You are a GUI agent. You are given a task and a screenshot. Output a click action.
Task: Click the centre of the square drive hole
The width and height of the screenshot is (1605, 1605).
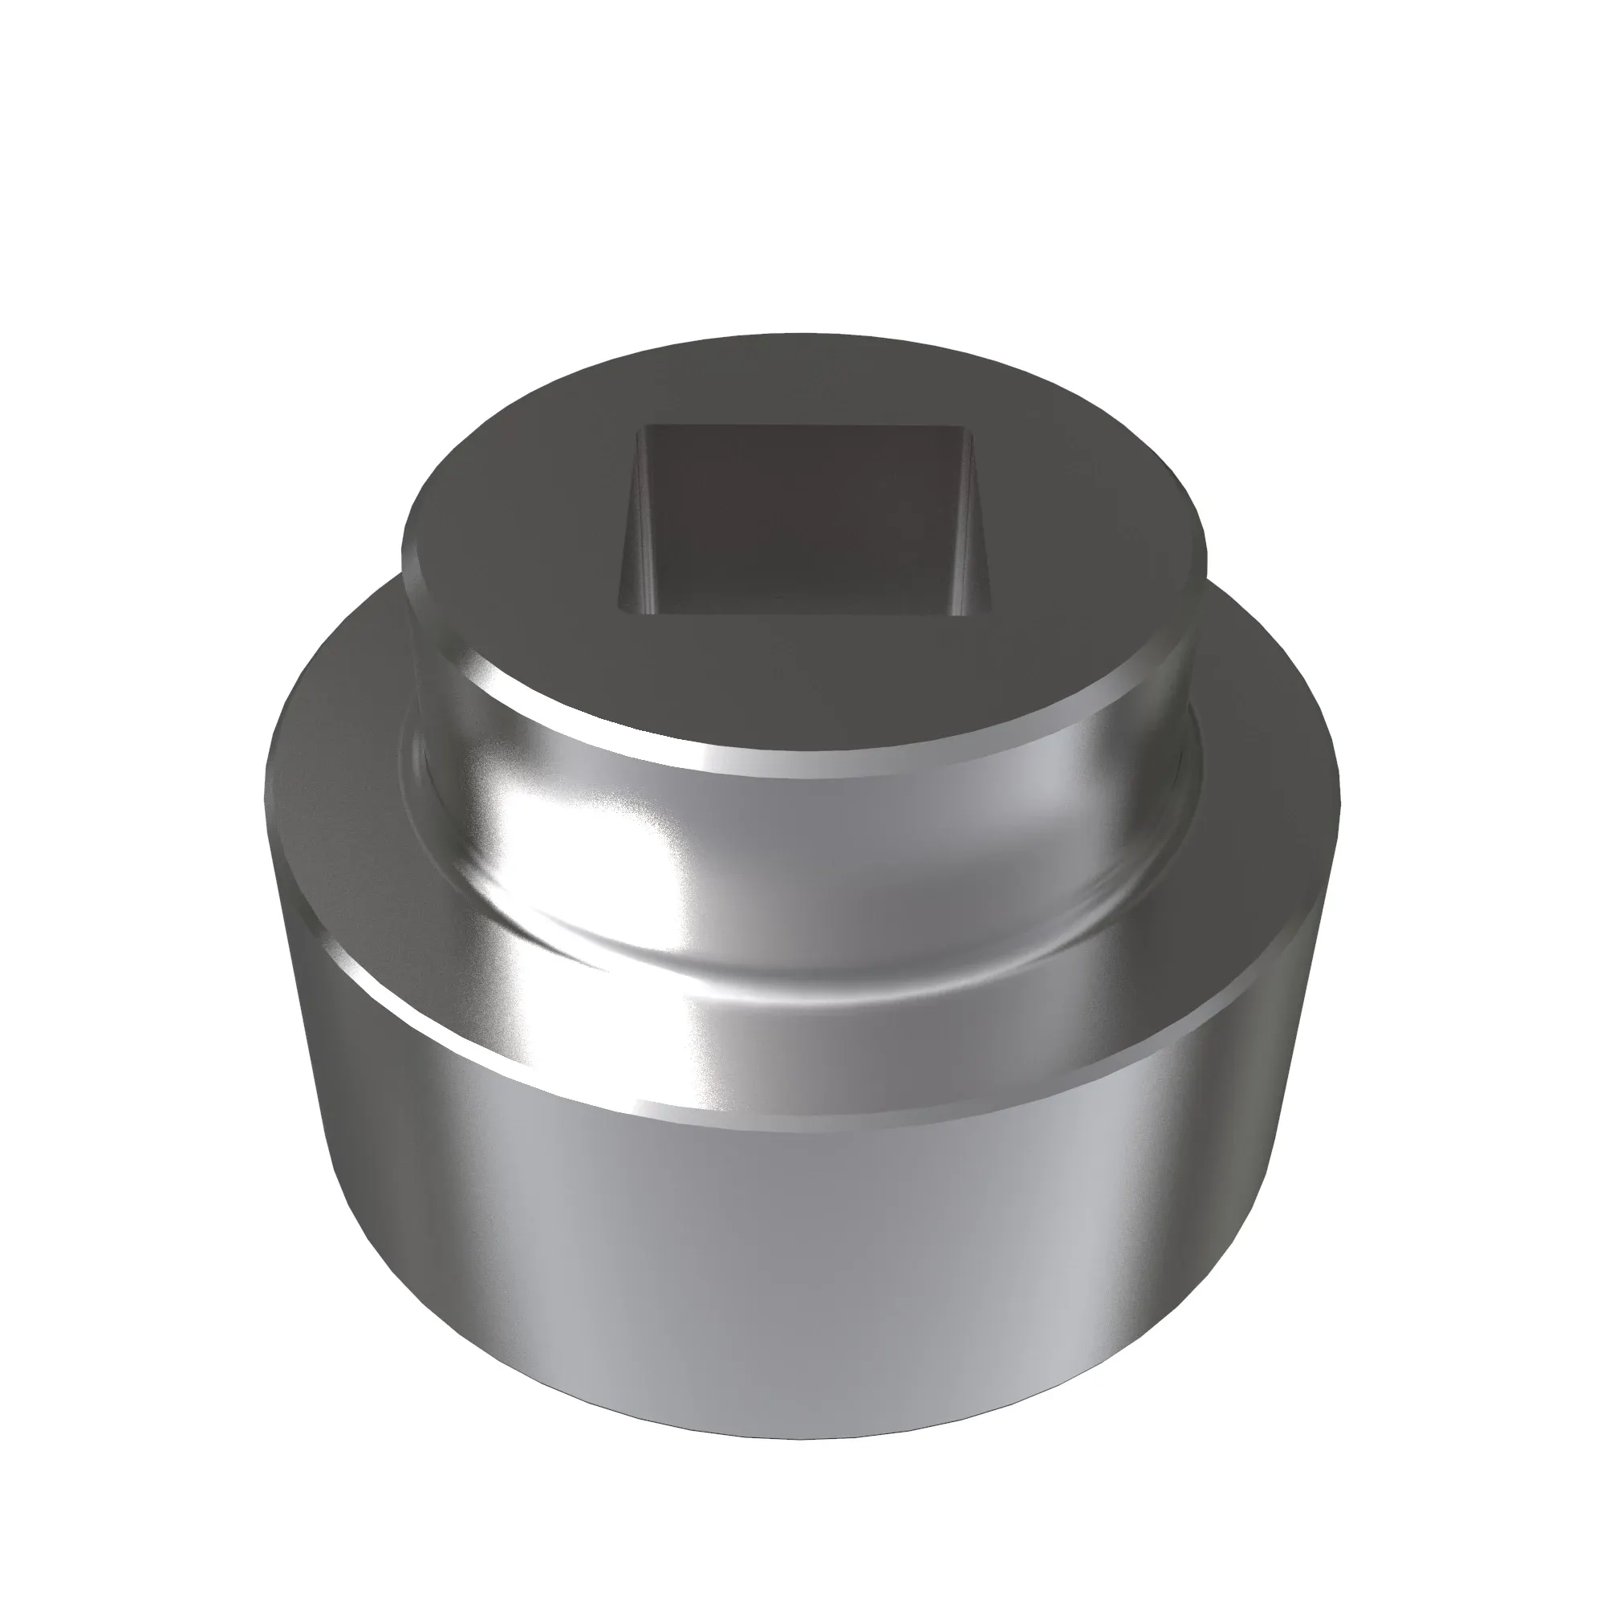[x=804, y=522]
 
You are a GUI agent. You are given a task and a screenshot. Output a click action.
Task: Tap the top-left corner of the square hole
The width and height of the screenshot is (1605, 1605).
[x=646, y=426]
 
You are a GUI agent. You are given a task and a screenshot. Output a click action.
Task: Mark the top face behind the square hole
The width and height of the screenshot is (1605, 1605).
[x=804, y=382]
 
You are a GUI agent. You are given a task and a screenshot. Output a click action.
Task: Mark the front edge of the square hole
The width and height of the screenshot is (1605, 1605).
[x=804, y=616]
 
